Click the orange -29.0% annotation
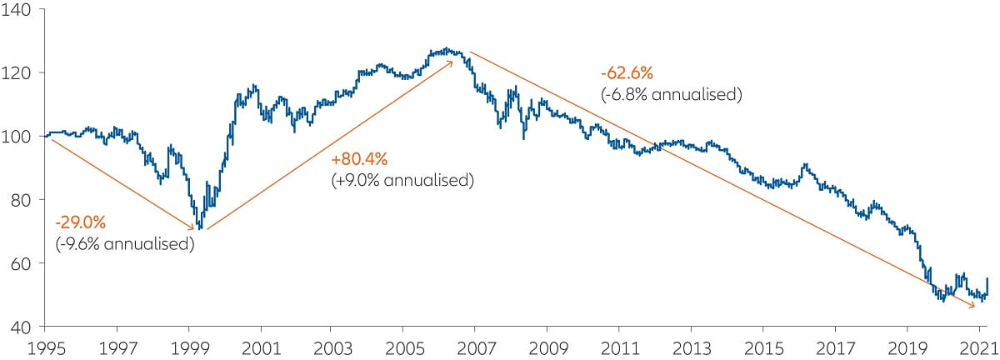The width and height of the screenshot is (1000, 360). point(81,224)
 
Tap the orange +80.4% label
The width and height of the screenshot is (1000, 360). point(360,159)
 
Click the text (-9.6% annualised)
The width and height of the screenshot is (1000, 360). point(124,244)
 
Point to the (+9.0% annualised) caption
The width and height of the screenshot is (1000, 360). point(402,179)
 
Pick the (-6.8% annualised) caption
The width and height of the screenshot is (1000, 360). point(671,94)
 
